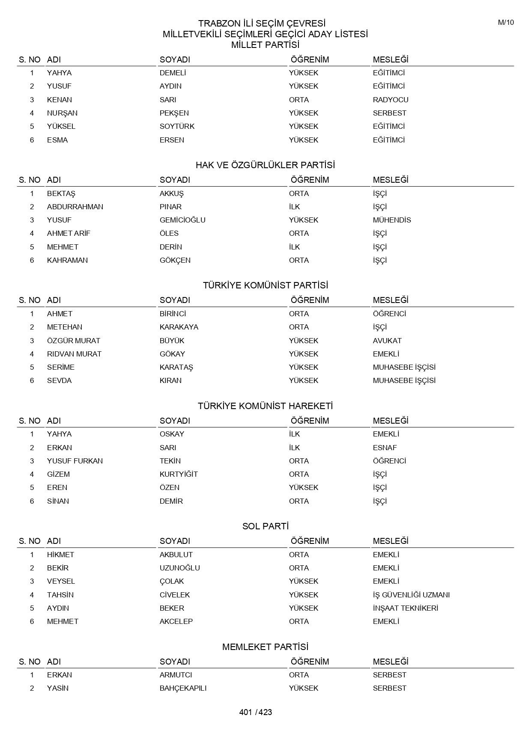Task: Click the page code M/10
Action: coord(505,23)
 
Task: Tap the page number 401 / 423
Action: coord(256,712)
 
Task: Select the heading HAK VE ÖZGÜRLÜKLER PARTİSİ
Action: coord(265,165)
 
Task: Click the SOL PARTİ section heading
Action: coord(265,526)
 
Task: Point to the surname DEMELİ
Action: coord(173,73)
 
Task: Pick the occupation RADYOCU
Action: coord(390,100)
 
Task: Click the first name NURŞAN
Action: coord(62,113)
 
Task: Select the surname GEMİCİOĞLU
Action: coord(182,220)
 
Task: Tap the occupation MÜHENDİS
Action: coord(391,220)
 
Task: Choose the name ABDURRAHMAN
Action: coord(75,207)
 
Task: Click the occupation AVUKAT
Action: coord(387,341)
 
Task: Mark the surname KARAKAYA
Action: coord(179,327)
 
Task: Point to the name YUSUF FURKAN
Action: coord(75,461)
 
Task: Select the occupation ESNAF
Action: coord(385,448)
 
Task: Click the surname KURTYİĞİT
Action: coord(179,474)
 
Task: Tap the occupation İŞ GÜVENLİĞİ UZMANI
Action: coord(411,595)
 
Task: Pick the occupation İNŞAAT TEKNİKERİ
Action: coord(405,608)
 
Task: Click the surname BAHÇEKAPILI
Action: coord(183,688)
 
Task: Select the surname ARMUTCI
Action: coord(176,675)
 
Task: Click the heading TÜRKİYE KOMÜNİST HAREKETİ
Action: coord(265,406)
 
